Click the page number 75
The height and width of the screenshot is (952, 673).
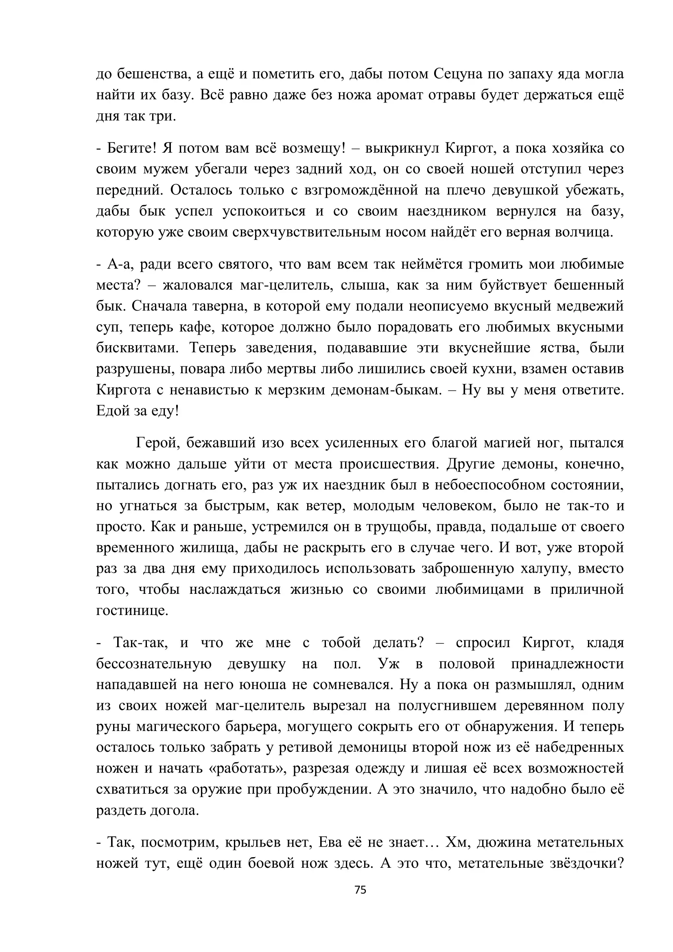point(360,890)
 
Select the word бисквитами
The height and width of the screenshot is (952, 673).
point(137,348)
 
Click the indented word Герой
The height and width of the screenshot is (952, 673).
point(157,443)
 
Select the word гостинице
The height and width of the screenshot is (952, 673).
point(132,611)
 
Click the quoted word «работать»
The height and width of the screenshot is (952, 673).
point(247,768)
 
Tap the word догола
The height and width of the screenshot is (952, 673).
point(173,811)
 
